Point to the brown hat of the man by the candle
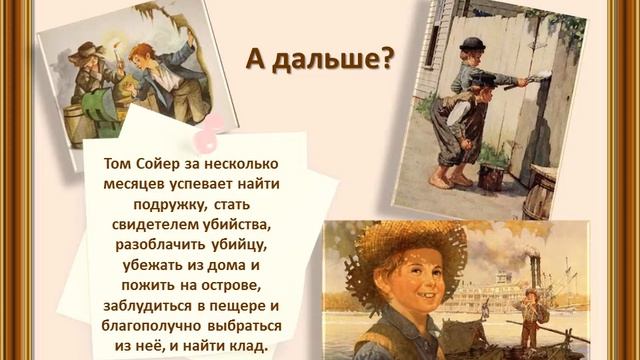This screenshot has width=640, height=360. (88, 50)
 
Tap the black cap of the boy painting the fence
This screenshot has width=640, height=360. (471, 44)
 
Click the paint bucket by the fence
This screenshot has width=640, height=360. (492, 177)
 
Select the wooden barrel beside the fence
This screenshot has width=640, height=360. (541, 193)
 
